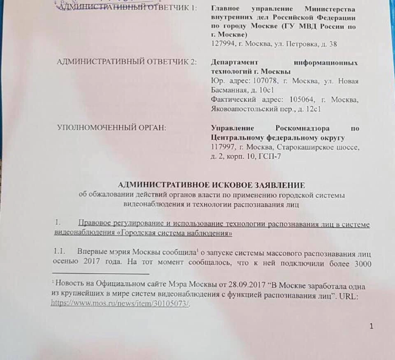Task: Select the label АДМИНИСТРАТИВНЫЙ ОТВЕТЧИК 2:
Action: click(x=127, y=62)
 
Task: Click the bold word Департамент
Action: click(x=234, y=62)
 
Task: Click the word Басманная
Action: click(x=228, y=90)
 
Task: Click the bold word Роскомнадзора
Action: click(x=298, y=128)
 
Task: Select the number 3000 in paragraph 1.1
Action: click(x=362, y=263)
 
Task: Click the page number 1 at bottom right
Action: click(x=372, y=326)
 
